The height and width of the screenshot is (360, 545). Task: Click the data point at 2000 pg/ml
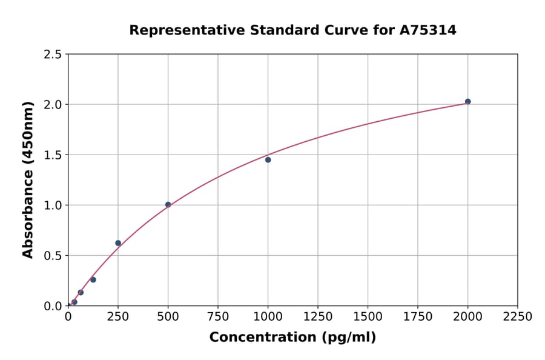(x=467, y=101)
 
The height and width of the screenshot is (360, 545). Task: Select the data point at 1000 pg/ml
(x=268, y=160)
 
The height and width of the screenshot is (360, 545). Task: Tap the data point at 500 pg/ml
(x=168, y=205)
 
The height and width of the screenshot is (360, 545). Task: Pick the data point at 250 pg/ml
(x=118, y=243)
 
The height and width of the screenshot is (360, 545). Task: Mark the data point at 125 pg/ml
(x=93, y=279)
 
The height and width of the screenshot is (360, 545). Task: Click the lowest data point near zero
(x=74, y=302)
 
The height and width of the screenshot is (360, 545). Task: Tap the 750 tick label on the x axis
(x=218, y=316)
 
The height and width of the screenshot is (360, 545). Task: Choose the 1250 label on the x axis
(x=318, y=316)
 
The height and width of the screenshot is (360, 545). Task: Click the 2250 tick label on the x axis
(x=518, y=316)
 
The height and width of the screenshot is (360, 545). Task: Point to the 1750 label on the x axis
(x=418, y=316)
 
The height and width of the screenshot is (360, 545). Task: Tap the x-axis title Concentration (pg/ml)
(x=292, y=338)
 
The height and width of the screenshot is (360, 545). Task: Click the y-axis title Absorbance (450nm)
(x=28, y=179)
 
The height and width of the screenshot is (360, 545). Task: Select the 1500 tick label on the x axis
(x=368, y=316)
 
